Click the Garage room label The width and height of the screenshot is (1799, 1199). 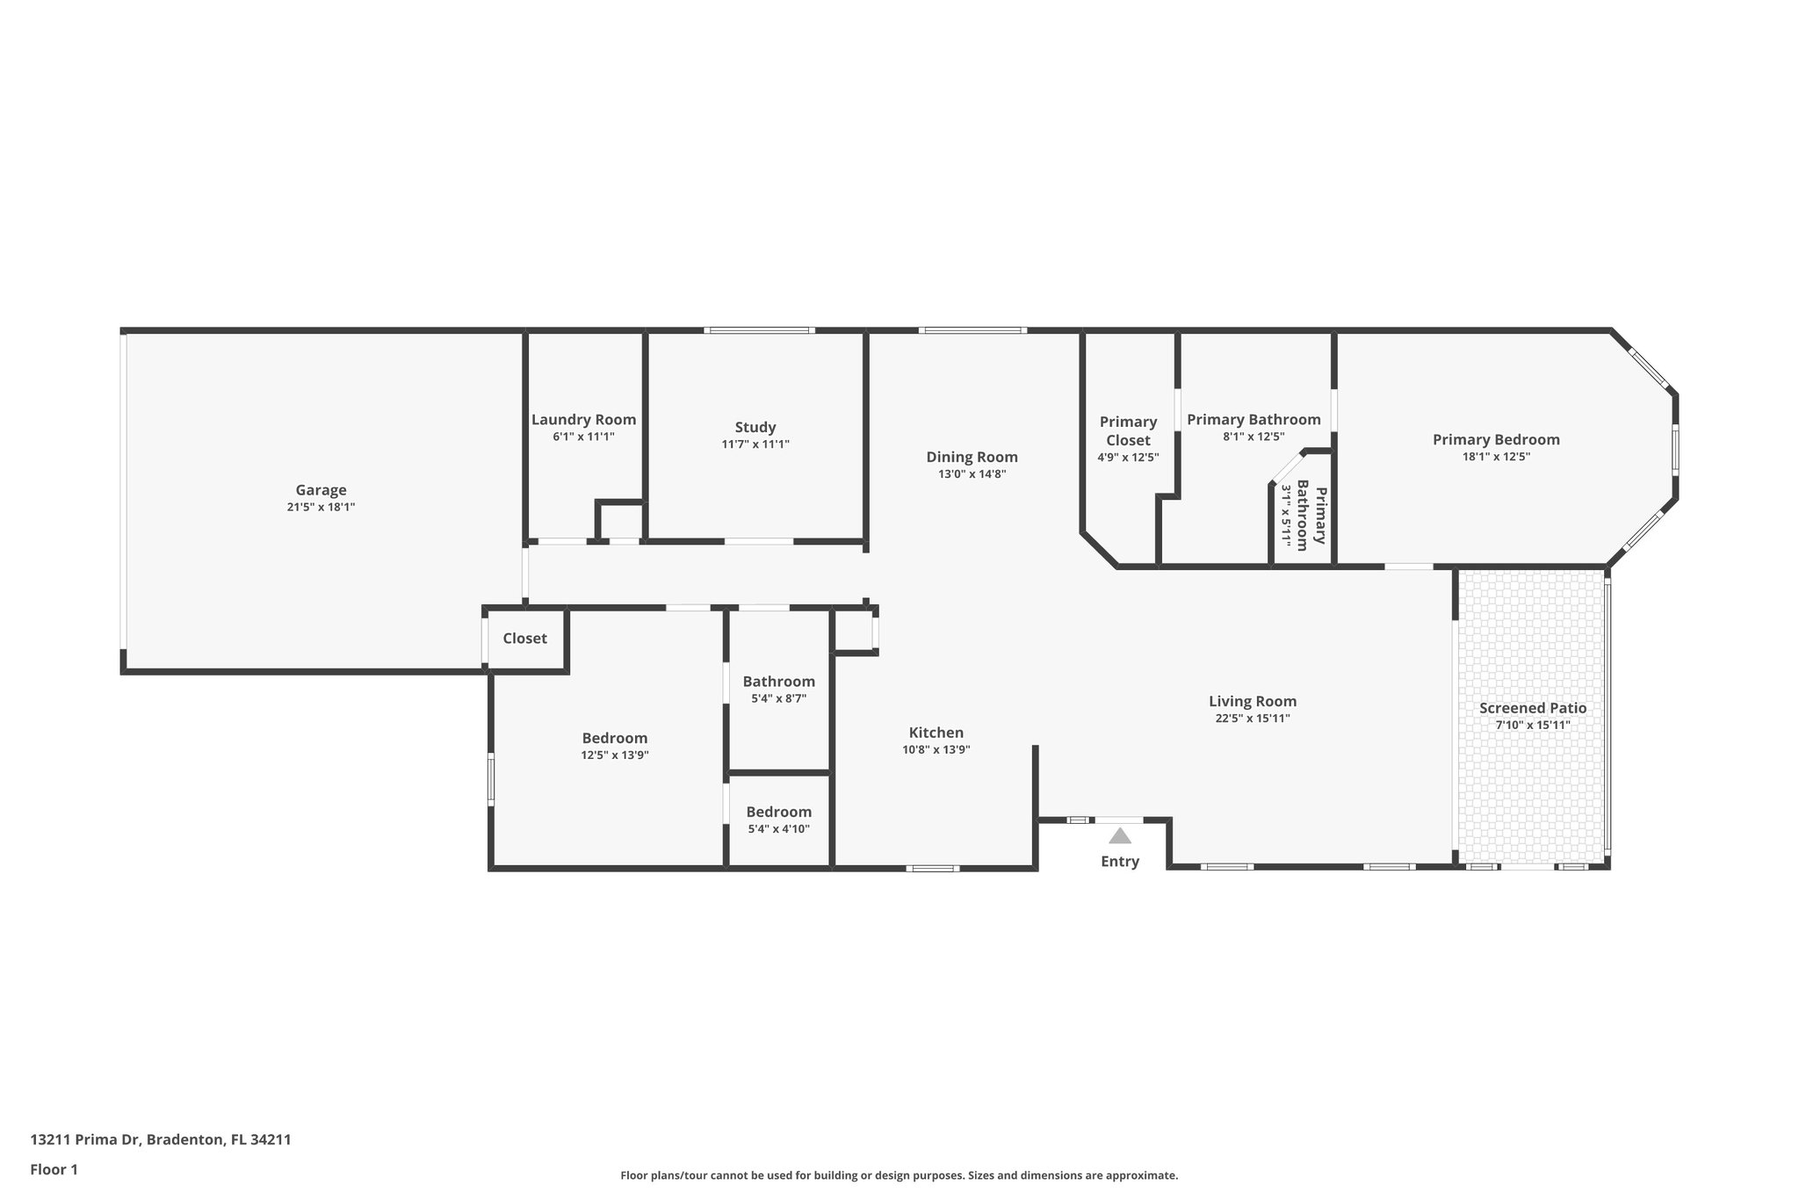[321, 490]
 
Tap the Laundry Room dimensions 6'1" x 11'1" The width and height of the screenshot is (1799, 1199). [583, 437]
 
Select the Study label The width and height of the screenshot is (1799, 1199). [755, 428]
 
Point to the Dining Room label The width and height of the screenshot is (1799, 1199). [972, 457]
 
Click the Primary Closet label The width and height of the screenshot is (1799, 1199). [1128, 431]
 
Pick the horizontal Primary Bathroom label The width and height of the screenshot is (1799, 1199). [1254, 420]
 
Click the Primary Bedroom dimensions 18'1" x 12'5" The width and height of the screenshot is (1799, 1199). [1496, 457]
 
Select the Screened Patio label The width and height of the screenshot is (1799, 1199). [1532, 708]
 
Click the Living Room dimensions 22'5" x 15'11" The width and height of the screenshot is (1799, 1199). [1253, 719]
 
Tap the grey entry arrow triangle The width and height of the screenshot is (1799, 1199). [1119, 835]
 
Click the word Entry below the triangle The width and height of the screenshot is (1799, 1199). [1119, 862]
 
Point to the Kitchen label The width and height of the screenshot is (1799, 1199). [936, 733]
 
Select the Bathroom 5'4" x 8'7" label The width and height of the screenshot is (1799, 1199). [778, 682]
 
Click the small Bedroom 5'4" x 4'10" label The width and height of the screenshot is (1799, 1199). [778, 813]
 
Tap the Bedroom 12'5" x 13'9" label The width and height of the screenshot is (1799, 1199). [614, 739]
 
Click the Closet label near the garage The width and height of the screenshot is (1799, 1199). [524, 639]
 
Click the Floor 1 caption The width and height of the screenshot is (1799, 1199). [54, 1170]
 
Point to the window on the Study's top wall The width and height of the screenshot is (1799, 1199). [759, 330]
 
